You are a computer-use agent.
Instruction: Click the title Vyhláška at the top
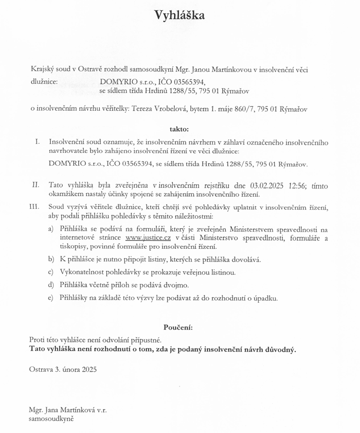(180, 16)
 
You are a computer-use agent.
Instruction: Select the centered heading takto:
(179, 128)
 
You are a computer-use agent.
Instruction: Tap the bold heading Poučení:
(178, 327)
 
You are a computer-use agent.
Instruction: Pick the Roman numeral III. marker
(35, 206)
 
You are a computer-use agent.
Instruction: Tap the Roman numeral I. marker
(37, 141)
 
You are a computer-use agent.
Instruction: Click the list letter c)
(50, 271)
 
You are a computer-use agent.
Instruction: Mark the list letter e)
(50, 297)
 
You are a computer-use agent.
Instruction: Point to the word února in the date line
(70, 369)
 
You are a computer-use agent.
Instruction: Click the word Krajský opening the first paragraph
(41, 69)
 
